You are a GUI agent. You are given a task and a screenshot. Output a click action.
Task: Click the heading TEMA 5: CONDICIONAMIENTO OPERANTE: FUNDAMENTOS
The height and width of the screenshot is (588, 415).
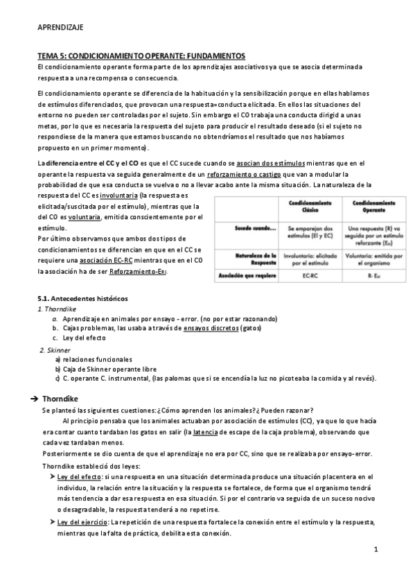coord(141,55)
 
